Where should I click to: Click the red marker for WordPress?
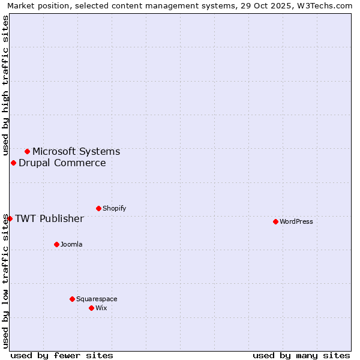click(x=275, y=221)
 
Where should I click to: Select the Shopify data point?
click(x=98, y=208)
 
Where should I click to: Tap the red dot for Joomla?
click(x=56, y=244)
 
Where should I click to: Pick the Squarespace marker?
click(x=72, y=299)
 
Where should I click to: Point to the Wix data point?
click(x=91, y=308)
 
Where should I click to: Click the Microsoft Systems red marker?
click(x=27, y=151)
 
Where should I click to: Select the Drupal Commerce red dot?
click(x=13, y=163)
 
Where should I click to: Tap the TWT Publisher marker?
click(x=10, y=218)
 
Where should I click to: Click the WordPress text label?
click(x=296, y=221)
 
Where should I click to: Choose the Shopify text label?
click(x=115, y=208)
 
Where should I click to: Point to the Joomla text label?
click(x=71, y=244)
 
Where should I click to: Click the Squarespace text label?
click(x=97, y=299)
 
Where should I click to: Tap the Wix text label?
click(x=101, y=308)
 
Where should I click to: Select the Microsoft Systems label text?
click(x=76, y=151)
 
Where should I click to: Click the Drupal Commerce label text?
click(x=62, y=163)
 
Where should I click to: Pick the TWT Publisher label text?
click(x=49, y=218)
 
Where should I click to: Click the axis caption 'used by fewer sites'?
click(x=62, y=355)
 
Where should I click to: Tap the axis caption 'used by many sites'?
click(x=301, y=355)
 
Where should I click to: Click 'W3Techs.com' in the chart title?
click(x=326, y=5)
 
